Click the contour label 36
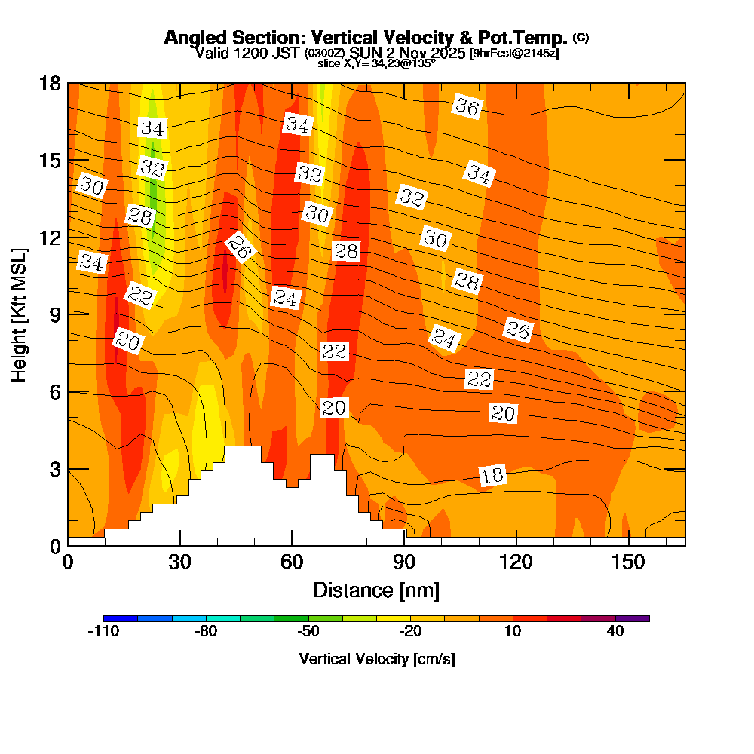point(467,107)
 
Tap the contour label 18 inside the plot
point(492,475)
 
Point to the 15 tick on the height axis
point(50,161)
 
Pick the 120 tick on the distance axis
point(516,562)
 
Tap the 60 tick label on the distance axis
point(292,562)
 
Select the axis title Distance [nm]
point(375,590)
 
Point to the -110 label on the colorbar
point(103,631)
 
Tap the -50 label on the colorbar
point(308,631)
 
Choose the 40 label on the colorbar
point(615,631)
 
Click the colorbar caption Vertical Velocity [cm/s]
point(376,659)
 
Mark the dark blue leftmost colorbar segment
point(121,618)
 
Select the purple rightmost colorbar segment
point(633,618)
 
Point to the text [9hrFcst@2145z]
point(513,54)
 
